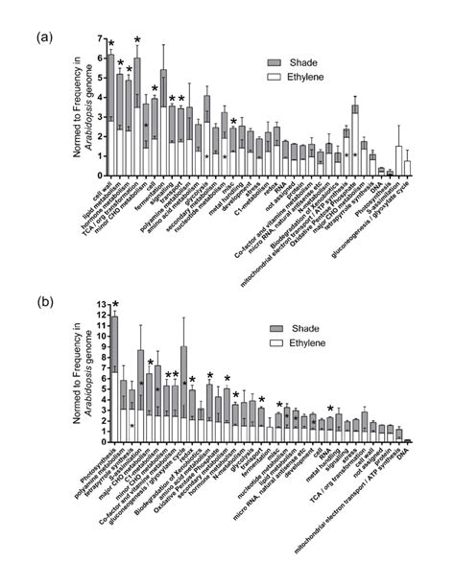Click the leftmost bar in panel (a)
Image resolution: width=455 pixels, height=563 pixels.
click(x=111, y=115)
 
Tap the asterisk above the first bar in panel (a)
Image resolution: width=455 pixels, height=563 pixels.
click(x=111, y=44)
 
